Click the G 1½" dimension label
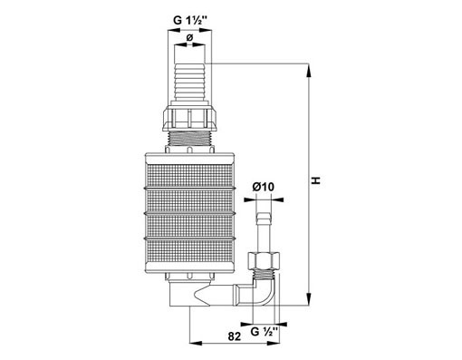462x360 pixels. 190,20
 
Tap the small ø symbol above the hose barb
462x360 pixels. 189,38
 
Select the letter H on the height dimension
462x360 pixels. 316,180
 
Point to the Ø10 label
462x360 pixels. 264,187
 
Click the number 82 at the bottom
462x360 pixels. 235,336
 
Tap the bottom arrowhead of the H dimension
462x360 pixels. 308,298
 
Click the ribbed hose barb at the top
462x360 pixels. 190,82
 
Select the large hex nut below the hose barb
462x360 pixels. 189,118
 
